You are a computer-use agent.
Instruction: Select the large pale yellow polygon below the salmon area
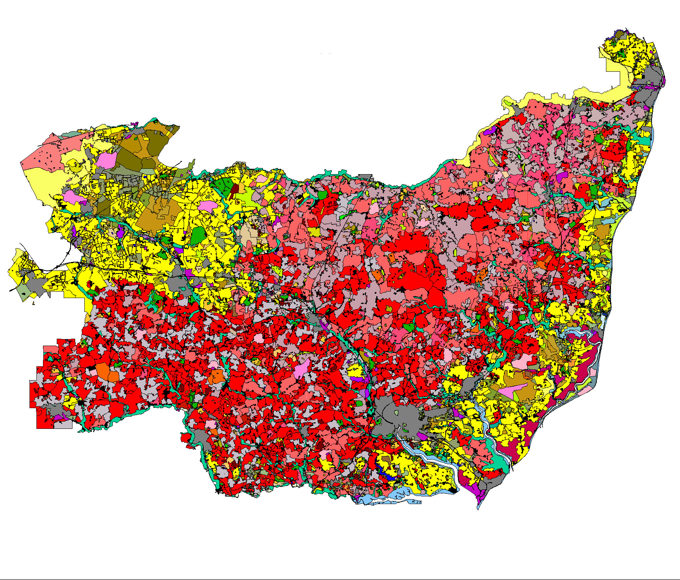pyautogui.click(x=44, y=180)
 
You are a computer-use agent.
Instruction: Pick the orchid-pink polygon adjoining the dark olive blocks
pyautogui.click(x=106, y=160)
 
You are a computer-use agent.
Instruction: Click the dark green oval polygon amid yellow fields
pyautogui.click(x=197, y=235)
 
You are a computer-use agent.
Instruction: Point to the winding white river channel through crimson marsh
pyautogui.click(x=575, y=387)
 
